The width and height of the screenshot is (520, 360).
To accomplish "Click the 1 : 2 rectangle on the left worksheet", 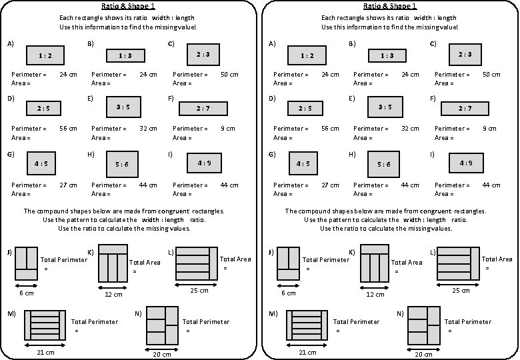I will click(45, 56).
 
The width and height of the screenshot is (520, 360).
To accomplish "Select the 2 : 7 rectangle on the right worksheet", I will click(465, 108).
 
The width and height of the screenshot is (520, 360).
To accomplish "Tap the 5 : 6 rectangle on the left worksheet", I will click(121, 163).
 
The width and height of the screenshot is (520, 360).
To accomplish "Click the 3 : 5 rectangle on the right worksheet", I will click(385, 107).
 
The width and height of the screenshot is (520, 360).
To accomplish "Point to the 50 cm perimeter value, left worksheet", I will click(229, 75).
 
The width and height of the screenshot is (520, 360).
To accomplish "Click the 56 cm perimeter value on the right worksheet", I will click(330, 129).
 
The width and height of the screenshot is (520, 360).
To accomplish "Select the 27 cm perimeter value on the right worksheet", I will click(330, 185).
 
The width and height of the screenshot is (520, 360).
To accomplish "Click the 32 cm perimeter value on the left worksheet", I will click(148, 129).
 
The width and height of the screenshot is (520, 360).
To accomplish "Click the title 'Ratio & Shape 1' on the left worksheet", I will click(129, 6).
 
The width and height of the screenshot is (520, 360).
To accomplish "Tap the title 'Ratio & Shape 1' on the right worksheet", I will click(391, 6).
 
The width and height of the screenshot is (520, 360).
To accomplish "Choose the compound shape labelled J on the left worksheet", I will click(26, 263).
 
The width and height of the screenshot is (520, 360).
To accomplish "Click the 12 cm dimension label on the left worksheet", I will click(114, 294).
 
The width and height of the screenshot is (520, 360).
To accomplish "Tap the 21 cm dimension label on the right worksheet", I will click(307, 352).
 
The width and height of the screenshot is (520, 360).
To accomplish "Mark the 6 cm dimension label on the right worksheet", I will click(289, 293).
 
